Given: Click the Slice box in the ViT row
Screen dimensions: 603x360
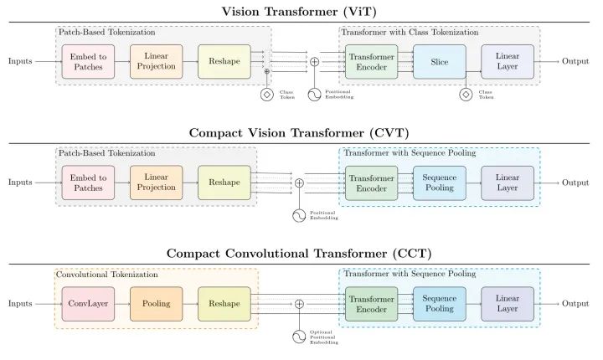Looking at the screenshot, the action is (x=439, y=62).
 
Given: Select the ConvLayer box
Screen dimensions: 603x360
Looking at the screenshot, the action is (x=88, y=303).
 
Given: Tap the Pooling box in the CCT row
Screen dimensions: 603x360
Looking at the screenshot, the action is (x=156, y=303).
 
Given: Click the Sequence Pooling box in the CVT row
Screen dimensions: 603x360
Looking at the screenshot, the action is (x=439, y=183).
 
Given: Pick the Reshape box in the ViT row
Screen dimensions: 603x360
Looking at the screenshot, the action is (x=224, y=62).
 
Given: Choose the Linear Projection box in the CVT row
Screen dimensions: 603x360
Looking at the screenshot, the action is (x=156, y=183).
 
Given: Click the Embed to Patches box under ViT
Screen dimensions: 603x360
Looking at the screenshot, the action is (x=88, y=62).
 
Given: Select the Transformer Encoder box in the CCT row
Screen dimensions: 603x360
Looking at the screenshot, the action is (x=371, y=304).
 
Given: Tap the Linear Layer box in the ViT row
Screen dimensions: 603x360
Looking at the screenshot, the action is (x=508, y=62).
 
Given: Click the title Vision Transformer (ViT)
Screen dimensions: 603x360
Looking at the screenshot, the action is (x=299, y=12).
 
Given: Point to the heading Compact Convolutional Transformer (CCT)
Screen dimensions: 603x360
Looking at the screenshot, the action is (x=299, y=254).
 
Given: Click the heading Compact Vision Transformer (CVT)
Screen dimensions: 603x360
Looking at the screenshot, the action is (x=299, y=132).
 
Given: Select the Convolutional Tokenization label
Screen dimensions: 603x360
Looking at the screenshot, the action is (x=107, y=275).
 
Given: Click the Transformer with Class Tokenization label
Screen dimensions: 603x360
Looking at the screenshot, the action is (x=410, y=33).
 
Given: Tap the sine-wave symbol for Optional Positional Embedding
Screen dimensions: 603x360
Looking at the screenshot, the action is (x=299, y=337).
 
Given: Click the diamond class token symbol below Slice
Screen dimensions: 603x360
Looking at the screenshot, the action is (x=466, y=95).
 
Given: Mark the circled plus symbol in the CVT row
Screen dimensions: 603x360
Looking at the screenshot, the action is (x=299, y=183).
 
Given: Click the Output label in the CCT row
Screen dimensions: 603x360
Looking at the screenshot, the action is (x=575, y=303).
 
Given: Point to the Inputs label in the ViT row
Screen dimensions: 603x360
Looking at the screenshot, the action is (x=20, y=62).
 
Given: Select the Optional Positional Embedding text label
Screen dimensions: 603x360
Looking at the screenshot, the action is (x=324, y=337).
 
